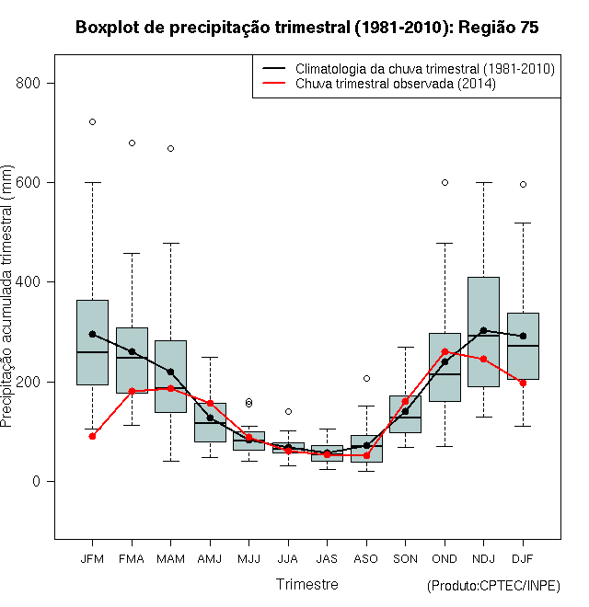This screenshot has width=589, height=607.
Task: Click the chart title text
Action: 306,28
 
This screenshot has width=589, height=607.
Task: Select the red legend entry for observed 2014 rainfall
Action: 395,83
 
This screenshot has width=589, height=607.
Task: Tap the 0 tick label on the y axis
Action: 36,481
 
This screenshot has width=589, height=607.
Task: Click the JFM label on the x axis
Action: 92,558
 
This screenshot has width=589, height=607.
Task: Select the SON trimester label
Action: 405,558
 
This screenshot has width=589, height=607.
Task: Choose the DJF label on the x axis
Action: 523,558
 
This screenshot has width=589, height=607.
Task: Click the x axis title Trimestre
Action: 306,584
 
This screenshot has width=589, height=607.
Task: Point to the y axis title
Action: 6,296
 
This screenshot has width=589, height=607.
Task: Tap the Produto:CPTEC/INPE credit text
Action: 493,585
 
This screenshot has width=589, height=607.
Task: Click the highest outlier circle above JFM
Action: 92,122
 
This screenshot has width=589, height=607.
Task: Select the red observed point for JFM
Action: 92,436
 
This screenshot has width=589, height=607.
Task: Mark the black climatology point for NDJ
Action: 483,330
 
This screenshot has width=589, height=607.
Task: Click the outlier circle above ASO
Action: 366,378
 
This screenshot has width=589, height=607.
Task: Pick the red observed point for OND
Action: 445,351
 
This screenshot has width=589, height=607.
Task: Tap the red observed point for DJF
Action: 523,383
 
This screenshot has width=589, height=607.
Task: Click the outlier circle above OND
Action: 445,182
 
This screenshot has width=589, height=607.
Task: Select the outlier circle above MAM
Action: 170,148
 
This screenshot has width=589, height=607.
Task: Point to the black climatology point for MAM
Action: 170,372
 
